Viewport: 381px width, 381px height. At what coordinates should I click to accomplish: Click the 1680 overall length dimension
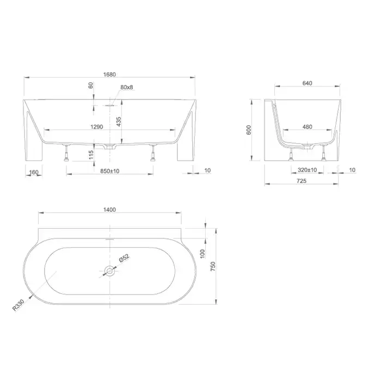click(x=109, y=75)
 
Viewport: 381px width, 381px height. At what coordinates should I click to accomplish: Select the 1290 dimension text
click(x=97, y=127)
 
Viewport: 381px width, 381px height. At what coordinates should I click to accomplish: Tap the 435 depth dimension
click(x=119, y=121)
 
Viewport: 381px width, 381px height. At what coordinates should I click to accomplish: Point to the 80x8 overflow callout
click(x=127, y=87)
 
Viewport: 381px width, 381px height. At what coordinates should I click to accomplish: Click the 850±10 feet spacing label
click(x=110, y=171)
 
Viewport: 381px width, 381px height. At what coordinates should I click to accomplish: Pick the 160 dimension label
click(x=34, y=172)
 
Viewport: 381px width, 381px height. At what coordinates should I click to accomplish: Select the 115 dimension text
click(x=91, y=155)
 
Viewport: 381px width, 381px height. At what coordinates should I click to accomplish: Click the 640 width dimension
click(x=307, y=83)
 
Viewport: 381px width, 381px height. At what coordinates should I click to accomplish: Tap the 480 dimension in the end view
click(x=308, y=127)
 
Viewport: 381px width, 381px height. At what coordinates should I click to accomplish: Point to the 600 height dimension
click(x=249, y=130)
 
